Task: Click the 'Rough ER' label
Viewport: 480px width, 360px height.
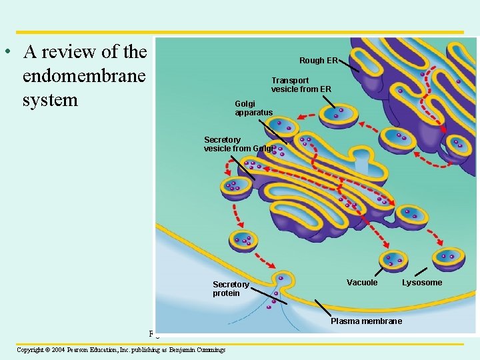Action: pyautogui.click(x=318, y=61)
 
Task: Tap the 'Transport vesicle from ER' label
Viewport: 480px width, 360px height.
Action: pyautogui.click(x=301, y=85)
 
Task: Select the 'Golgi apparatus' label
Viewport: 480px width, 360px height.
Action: pyautogui.click(x=253, y=108)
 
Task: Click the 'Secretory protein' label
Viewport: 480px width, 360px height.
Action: pyautogui.click(x=231, y=289)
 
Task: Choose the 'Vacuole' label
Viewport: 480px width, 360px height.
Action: pyautogui.click(x=362, y=283)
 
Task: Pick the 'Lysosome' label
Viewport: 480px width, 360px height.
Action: pyautogui.click(x=421, y=283)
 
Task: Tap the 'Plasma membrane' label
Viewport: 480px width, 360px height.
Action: pyautogui.click(x=366, y=321)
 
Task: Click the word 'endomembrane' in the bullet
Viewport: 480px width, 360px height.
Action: pyautogui.click(x=83, y=76)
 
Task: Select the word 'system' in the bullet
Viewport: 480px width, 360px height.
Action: pyautogui.click(x=50, y=100)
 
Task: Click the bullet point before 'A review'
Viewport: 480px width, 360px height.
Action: pyautogui.click(x=6, y=51)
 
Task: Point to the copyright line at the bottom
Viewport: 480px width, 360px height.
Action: pyautogui.click(x=121, y=349)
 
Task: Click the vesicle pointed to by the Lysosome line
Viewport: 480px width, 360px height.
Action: pyautogui.click(x=449, y=257)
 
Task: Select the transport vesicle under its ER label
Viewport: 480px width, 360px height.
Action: pyautogui.click(x=339, y=115)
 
